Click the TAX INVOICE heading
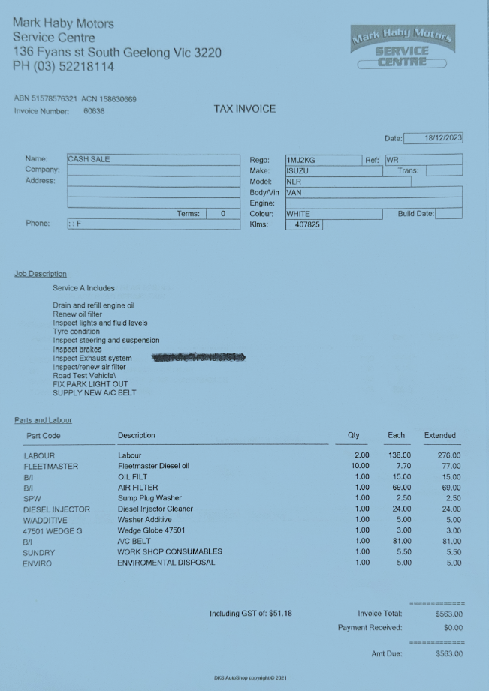click(x=245, y=109)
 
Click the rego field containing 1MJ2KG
click(x=323, y=160)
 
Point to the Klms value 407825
click(x=305, y=224)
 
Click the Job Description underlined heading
click(x=41, y=274)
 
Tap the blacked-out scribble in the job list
click(x=198, y=359)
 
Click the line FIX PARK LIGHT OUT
click(x=90, y=384)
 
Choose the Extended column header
click(x=439, y=435)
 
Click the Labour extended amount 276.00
click(x=448, y=455)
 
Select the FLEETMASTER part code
click(x=50, y=466)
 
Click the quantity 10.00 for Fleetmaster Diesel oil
click(x=360, y=466)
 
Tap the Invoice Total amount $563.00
click(x=448, y=614)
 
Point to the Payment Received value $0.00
click(x=452, y=627)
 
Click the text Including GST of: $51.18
click(x=251, y=614)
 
